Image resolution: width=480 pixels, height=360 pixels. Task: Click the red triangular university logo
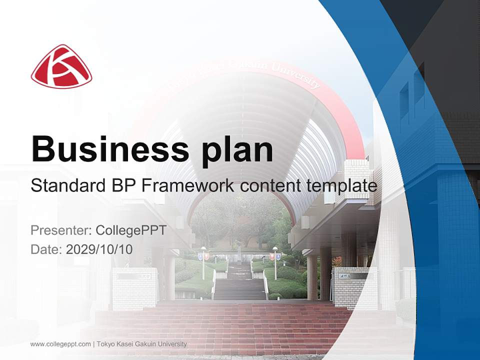[x=61, y=66]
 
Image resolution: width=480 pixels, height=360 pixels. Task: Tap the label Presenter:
[x=61, y=230]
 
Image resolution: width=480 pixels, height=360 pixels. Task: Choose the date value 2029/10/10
[x=99, y=249]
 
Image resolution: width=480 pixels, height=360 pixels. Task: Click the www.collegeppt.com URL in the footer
[x=60, y=344]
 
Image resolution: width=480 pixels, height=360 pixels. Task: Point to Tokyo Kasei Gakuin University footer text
[x=141, y=344]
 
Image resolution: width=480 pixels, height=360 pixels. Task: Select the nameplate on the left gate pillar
[x=134, y=276]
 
